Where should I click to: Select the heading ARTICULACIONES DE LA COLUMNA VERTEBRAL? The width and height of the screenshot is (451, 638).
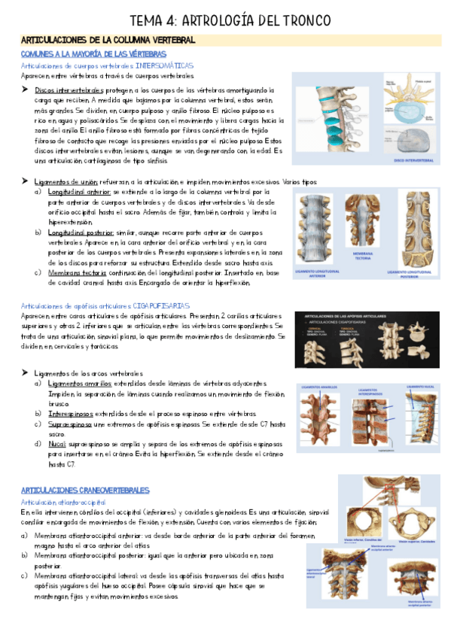coord(108,39)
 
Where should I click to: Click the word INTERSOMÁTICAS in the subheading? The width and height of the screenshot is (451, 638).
coord(163,65)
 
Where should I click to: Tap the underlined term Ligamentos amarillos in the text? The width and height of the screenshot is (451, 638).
coord(78,383)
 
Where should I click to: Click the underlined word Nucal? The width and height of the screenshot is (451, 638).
coord(57,444)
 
